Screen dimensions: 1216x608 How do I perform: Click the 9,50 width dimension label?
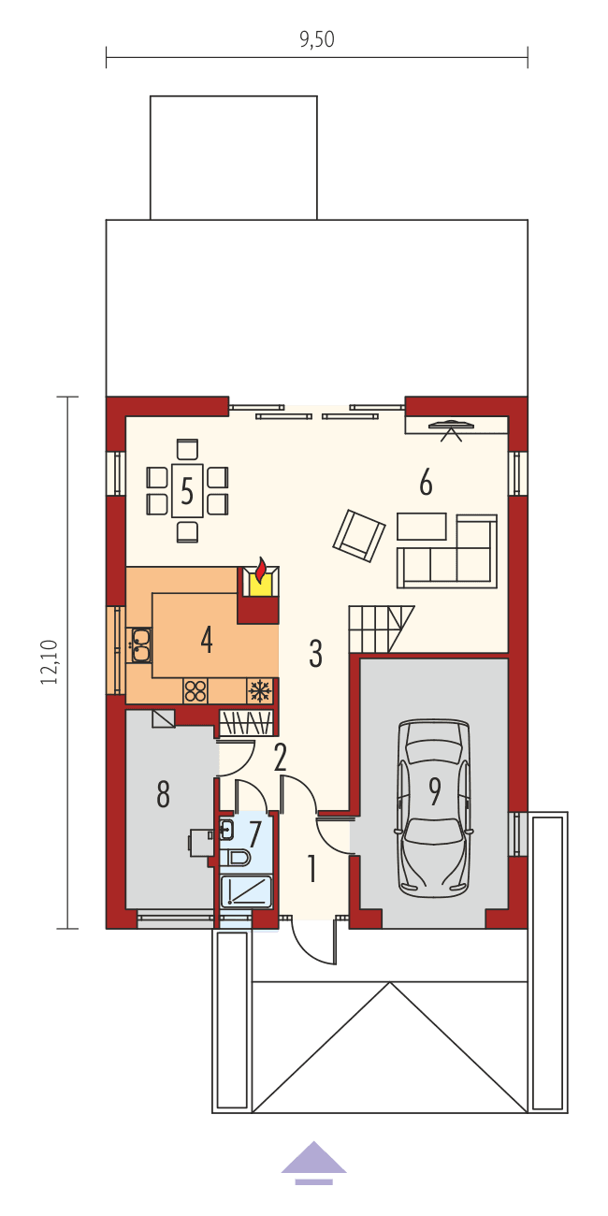(x=317, y=39)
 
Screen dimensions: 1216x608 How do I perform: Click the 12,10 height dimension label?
(x=50, y=662)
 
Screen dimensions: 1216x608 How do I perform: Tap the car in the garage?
(x=433, y=806)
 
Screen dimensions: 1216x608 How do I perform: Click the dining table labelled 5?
(x=187, y=490)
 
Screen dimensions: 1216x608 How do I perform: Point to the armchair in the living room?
(x=359, y=534)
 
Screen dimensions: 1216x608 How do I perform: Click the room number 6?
(x=426, y=483)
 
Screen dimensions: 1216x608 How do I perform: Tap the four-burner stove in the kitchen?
(x=195, y=691)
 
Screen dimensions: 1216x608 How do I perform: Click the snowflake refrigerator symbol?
(x=259, y=691)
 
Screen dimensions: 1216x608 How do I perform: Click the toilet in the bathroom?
(x=235, y=858)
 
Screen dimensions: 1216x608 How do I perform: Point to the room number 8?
(x=164, y=795)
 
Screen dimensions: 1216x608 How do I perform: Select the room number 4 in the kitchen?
(x=207, y=640)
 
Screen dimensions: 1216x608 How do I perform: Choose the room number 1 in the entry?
(x=312, y=870)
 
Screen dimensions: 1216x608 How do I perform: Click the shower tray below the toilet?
(x=245, y=891)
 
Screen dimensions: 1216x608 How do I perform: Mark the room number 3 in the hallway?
(x=315, y=654)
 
